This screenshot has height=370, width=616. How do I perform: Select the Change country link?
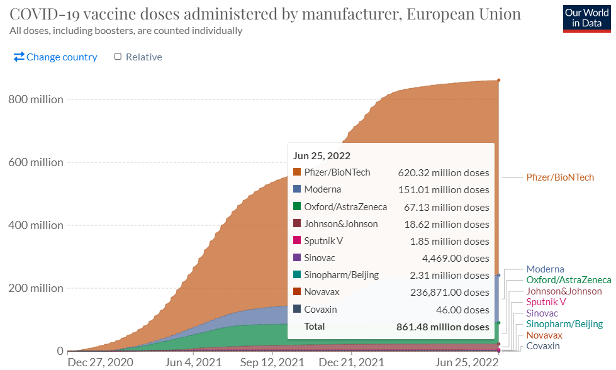[55, 57]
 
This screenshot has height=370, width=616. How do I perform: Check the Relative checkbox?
[118, 57]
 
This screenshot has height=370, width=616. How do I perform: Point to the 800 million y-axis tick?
[36, 99]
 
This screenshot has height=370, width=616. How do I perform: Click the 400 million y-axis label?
[36, 225]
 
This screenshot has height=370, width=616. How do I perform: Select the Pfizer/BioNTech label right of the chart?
[560, 177]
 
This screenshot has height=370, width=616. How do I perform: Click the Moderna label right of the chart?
[545, 269]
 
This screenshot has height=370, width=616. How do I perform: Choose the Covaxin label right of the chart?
[543, 346]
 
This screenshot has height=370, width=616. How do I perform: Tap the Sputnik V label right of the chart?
[546, 302]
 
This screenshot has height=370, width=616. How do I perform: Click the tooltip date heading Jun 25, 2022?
[322, 156]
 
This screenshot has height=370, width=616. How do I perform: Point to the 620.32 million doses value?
[443, 173]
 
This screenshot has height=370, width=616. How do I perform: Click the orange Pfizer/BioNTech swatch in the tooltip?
[298, 172]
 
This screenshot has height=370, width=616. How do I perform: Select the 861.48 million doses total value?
[442, 327]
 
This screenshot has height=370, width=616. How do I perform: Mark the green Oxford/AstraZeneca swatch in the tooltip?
[298, 206]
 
